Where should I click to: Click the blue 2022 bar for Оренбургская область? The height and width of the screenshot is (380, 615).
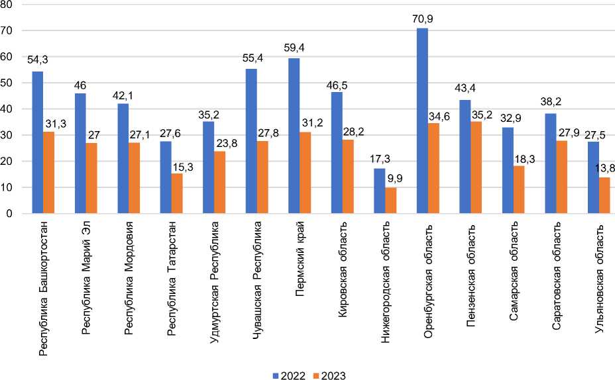[422, 121]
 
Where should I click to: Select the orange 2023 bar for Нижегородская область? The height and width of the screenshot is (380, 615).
[390, 201]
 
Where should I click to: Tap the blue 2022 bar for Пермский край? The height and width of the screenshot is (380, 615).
[294, 136]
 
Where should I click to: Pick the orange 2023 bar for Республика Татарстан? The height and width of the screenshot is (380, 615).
[176, 194]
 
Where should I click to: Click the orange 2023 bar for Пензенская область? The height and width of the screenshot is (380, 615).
[476, 167]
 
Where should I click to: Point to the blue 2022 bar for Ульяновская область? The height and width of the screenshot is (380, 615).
[593, 177]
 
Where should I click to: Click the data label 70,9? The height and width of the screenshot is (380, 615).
[422, 19]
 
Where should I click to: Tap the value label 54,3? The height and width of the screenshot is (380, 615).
[37, 60]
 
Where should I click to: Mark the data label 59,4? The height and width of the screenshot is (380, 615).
[294, 48]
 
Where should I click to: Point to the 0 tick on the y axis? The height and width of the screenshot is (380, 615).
[11, 214]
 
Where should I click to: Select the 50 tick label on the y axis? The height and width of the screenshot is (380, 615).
[8, 83]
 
